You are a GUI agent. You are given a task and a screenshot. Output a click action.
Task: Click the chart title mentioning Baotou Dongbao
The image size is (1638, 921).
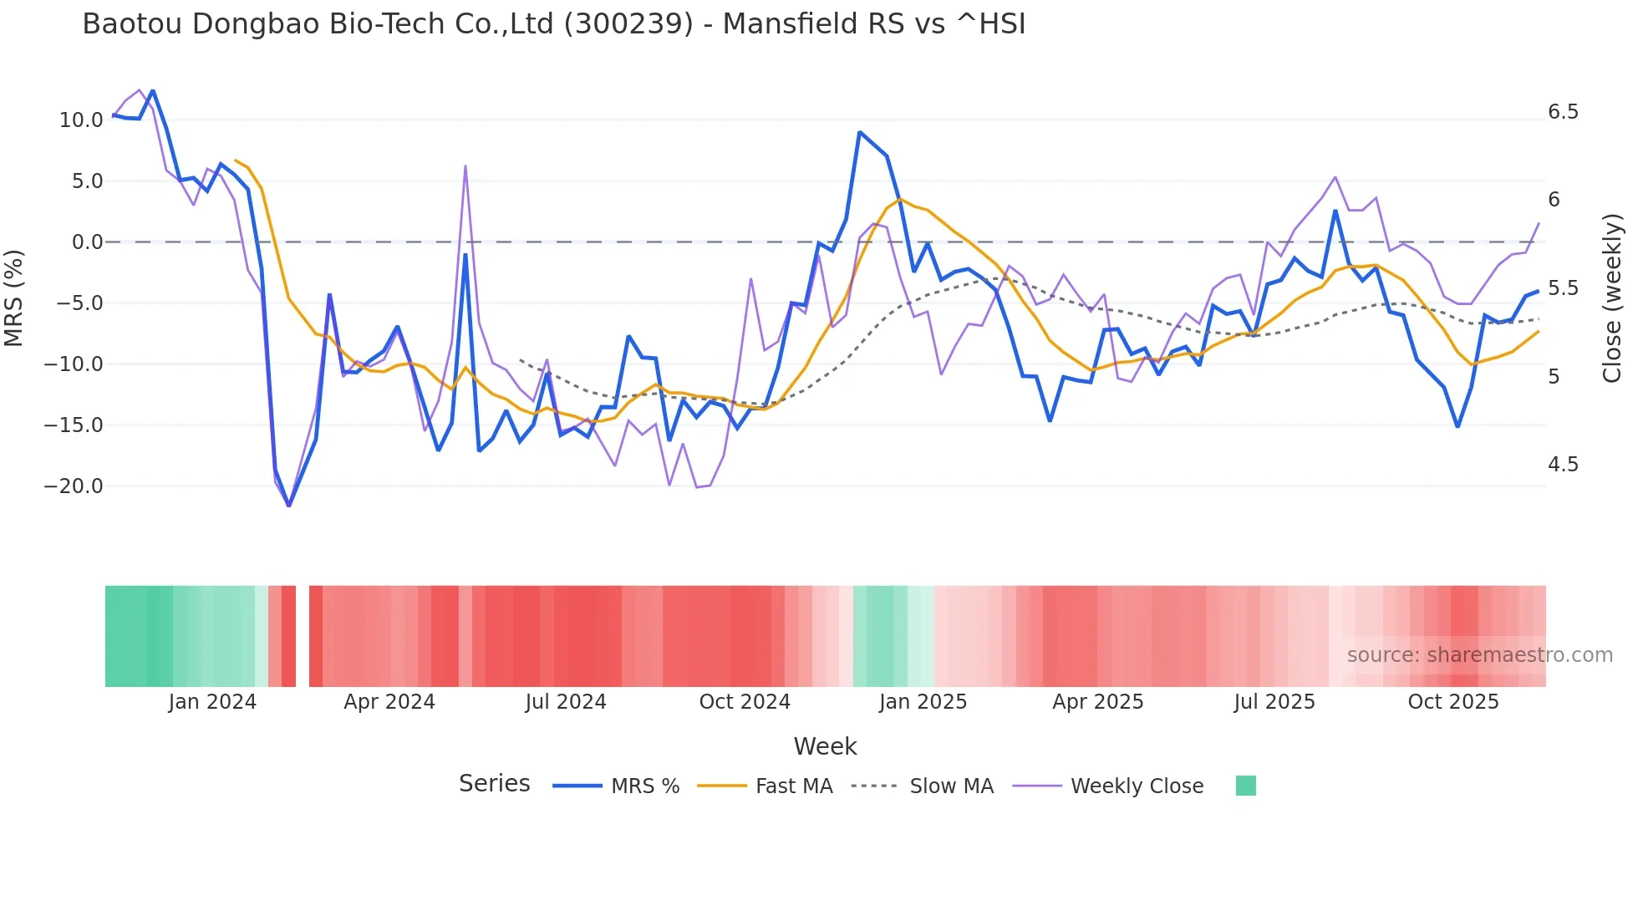(x=553, y=24)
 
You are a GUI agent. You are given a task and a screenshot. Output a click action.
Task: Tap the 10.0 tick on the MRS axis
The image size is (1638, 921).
(x=81, y=120)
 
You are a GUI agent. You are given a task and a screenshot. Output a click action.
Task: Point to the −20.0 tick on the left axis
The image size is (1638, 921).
(x=74, y=486)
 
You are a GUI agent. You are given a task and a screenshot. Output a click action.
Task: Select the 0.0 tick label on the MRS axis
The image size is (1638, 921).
(x=87, y=242)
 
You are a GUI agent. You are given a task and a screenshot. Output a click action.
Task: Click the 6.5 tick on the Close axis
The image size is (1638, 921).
(x=1563, y=112)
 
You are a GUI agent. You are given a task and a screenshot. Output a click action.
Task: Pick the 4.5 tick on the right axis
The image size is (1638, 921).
(x=1563, y=465)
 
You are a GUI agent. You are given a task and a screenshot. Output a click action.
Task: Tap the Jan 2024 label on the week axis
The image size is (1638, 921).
(x=212, y=702)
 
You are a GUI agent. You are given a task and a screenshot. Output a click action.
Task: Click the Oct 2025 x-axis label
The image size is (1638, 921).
(x=1452, y=702)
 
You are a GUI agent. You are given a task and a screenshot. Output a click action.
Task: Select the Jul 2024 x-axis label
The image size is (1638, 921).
(x=566, y=702)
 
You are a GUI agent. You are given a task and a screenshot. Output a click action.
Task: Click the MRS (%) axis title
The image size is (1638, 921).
(x=14, y=298)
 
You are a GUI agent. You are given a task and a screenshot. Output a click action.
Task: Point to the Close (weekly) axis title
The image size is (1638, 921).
(x=1612, y=298)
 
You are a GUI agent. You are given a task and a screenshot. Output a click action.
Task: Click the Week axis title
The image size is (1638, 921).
(x=825, y=746)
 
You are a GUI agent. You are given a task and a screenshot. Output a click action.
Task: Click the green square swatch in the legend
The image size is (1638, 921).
(x=1245, y=786)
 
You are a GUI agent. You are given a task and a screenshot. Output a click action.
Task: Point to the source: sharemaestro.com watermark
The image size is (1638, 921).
(x=1479, y=655)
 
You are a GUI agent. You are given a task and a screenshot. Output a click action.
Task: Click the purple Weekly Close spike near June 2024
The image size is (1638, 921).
(x=465, y=166)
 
